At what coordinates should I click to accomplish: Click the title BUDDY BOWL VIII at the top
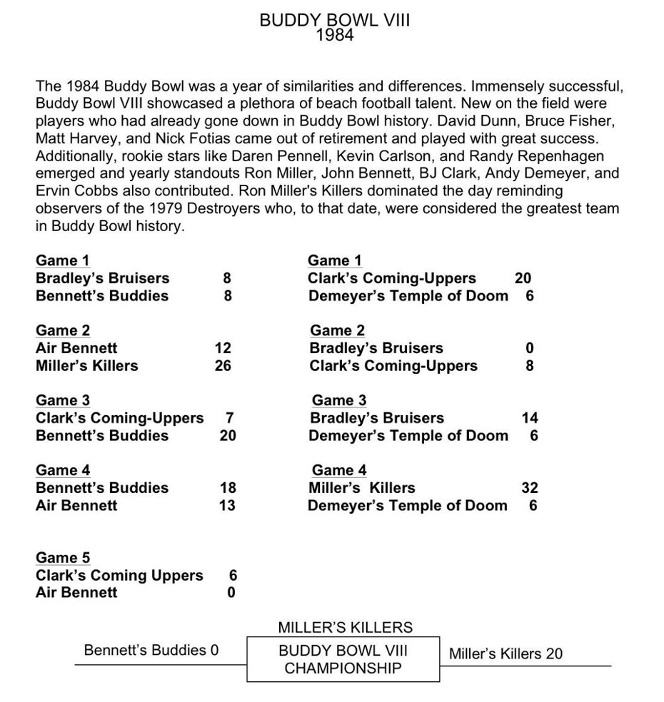coord(334,20)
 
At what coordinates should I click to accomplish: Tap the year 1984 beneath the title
coord(334,35)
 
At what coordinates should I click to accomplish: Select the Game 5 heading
coord(63,557)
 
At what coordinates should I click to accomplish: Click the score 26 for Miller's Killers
coord(223,366)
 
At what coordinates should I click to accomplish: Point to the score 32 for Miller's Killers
coord(530,488)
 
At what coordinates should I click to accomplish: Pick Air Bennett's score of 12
coord(223,348)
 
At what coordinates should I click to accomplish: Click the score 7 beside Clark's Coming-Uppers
coord(229,418)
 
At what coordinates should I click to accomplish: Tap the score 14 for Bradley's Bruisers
coord(530,418)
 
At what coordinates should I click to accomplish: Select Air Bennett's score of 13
coord(227,506)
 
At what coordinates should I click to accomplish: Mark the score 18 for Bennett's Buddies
coord(227,488)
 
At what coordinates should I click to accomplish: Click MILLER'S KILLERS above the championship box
coord(345,628)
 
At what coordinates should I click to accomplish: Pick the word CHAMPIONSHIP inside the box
coord(343,668)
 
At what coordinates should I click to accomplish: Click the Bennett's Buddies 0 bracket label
coord(151,650)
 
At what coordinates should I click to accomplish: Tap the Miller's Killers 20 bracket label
coord(505,653)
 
